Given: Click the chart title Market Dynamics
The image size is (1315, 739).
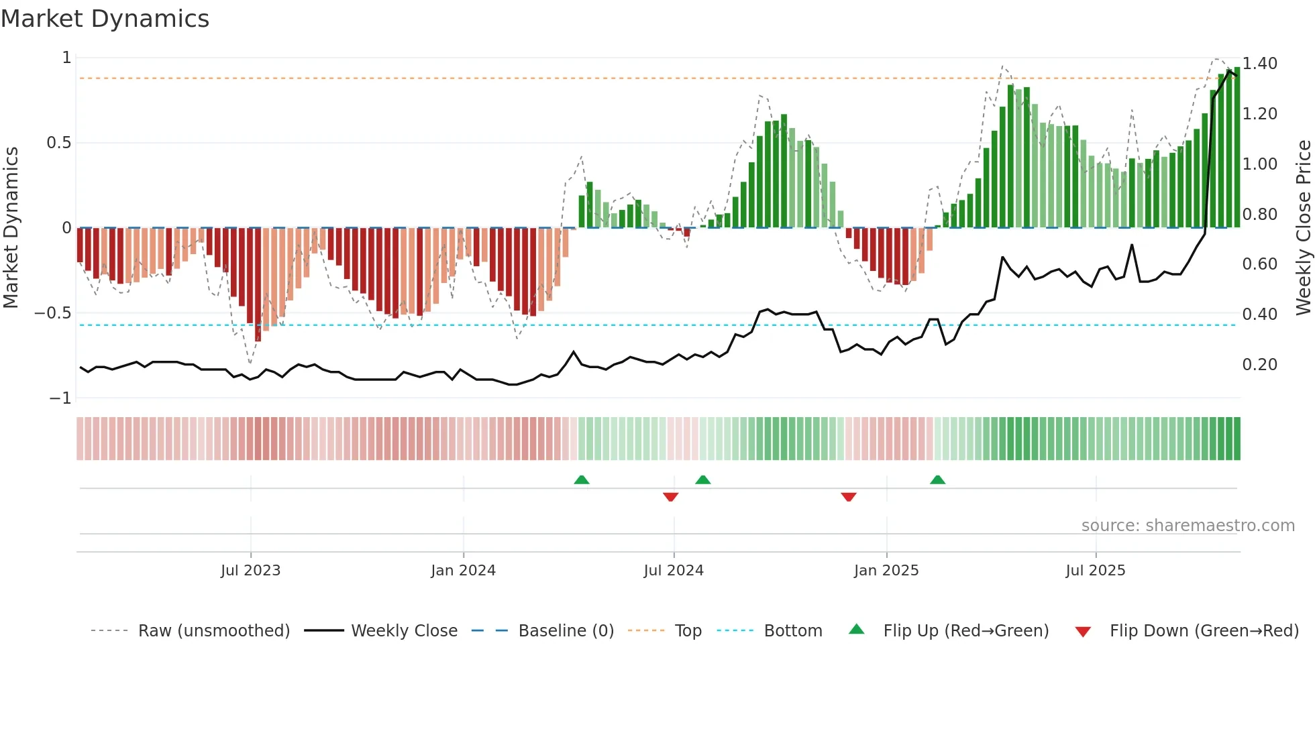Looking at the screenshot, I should click(105, 19).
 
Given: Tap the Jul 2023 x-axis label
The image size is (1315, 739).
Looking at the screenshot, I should click(250, 571).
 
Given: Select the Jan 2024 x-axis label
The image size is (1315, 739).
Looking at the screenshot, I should click(463, 571).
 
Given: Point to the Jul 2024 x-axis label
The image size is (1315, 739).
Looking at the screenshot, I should click(674, 571).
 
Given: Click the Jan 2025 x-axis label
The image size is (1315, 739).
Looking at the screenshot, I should click(886, 571).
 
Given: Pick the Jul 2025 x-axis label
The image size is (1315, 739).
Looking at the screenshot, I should click(1096, 571).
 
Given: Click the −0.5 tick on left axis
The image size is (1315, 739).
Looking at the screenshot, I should click(52, 313).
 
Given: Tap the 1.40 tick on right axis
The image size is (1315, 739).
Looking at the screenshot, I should click(1259, 64).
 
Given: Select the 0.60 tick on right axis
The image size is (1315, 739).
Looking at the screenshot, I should click(1259, 264).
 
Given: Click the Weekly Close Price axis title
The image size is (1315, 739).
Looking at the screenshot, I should click(1303, 228).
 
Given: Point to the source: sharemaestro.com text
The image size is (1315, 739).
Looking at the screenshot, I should click(1188, 526).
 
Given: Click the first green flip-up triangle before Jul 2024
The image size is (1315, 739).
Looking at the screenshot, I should click(582, 480).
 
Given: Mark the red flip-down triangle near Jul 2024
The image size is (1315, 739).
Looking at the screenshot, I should click(670, 496).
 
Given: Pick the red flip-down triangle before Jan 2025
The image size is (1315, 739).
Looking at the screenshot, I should click(848, 496).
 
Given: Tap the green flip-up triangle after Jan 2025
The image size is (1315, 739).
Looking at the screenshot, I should click(937, 480).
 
